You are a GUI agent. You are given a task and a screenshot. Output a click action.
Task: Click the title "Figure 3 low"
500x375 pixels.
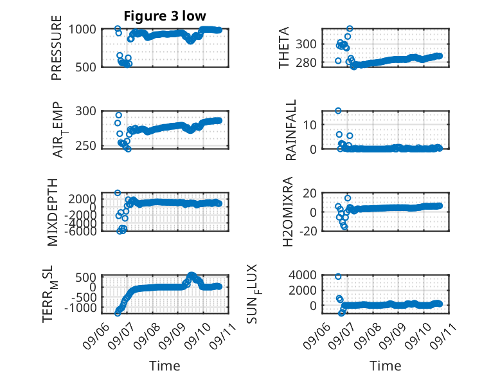point(165,15)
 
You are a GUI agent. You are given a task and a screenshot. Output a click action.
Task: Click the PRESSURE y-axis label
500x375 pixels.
point(56,48)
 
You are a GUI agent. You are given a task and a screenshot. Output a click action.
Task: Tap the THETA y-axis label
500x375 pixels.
point(283,48)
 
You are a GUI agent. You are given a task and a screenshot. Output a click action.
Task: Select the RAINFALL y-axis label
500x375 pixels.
point(291,130)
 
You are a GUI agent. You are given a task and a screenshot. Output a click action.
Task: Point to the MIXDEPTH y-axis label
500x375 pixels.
point(53,212)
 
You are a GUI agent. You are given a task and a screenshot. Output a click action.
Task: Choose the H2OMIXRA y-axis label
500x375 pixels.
point(288,212)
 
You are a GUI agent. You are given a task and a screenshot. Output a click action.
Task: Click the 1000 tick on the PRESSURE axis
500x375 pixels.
point(82,30)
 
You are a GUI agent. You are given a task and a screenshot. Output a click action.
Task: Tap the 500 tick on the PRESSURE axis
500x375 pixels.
point(85,68)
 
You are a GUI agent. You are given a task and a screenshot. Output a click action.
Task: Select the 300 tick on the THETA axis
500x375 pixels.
point(306,44)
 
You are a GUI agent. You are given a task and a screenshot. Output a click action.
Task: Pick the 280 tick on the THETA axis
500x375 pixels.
point(306,62)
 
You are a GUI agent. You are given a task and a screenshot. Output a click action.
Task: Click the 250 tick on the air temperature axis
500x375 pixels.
point(85,145)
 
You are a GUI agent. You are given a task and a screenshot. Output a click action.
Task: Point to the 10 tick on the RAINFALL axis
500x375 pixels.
point(310,125)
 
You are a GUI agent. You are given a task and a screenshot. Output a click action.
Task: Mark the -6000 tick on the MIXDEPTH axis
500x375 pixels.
point(80,231)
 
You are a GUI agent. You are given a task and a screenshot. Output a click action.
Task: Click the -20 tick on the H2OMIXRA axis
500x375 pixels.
point(308,231)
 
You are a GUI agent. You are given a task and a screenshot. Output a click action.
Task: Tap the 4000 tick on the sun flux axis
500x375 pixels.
point(303,275)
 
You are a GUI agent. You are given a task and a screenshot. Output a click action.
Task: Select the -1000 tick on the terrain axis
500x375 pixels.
point(80,308)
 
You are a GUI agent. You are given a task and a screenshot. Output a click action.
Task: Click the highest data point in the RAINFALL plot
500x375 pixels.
point(338,111)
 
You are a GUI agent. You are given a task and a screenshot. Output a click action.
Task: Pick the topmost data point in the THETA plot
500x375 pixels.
point(350,29)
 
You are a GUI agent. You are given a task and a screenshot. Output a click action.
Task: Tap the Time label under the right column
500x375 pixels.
point(385,365)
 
